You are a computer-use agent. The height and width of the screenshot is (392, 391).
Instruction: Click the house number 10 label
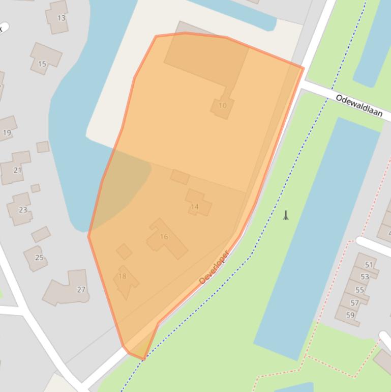pyautogui.click(x=222, y=106)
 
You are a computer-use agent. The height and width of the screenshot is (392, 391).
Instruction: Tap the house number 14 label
pyautogui.click(x=195, y=207)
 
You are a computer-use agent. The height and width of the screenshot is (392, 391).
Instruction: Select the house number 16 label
pyautogui.click(x=164, y=236)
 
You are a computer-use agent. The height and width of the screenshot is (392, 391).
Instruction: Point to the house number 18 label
pyautogui.click(x=122, y=276)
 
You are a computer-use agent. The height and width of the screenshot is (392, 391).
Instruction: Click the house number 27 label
pyautogui.click(x=81, y=290)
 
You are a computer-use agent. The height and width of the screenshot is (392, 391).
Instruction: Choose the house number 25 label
pyautogui.click(x=39, y=258)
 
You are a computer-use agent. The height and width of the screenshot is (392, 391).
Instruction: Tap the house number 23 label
pyautogui.click(x=23, y=210)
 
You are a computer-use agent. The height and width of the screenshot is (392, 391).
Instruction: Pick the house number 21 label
pyautogui.click(x=17, y=170)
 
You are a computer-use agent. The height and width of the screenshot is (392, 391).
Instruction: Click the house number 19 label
pyautogui.click(x=7, y=133)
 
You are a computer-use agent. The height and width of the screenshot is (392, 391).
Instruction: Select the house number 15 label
pyautogui.click(x=42, y=64)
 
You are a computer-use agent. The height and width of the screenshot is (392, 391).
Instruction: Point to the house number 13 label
pyautogui.click(x=61, y=18)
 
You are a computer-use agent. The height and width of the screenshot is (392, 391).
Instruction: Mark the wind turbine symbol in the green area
pyautogui.click(x=286, y=215)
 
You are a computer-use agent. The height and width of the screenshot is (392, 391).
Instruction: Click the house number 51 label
pyautogui.click(x=369, y=265)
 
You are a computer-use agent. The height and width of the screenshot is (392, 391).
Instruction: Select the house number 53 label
pyautogui.click(x=365, y=277)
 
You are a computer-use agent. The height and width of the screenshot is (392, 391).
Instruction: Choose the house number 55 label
pyautogui.click(x=359, y=290)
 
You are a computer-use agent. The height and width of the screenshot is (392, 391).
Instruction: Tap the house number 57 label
pyautogui.click(x=355, y=303)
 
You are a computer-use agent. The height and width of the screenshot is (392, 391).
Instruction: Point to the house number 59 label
pyautogui.click(x=350, y=315)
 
